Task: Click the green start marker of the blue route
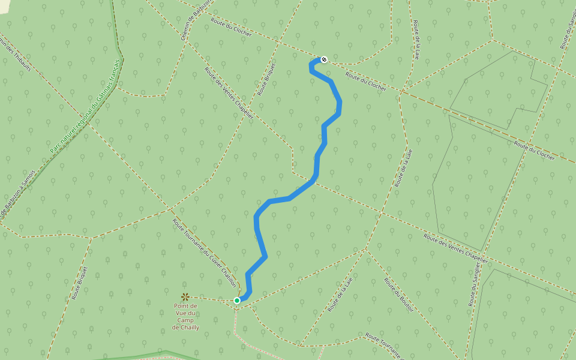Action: [x=237, y=300]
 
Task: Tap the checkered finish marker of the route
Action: [x=324, y=59]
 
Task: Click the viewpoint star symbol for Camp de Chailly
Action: [x=185, y=296]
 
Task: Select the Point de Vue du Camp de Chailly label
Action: [x=185, y=316]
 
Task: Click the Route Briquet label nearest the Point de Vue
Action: [x=80, y=283]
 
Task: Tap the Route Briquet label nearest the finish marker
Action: [x=267, y=79]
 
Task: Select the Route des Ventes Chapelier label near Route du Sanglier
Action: [x=456, y=247]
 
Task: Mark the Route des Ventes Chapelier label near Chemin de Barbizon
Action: [x=229, y=93]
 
